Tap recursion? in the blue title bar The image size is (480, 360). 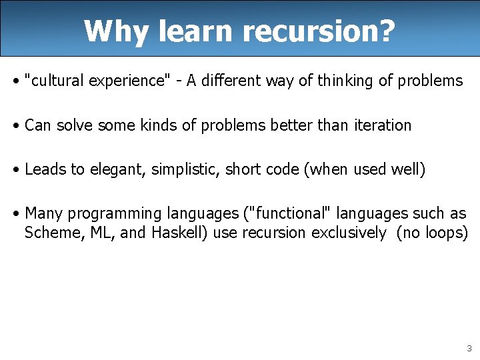(x=319, y=31)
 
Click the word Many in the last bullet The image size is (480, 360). (x=43, y=213)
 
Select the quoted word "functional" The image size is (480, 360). (x=293, y=213)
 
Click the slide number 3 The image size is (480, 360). (x=469, y=348)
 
